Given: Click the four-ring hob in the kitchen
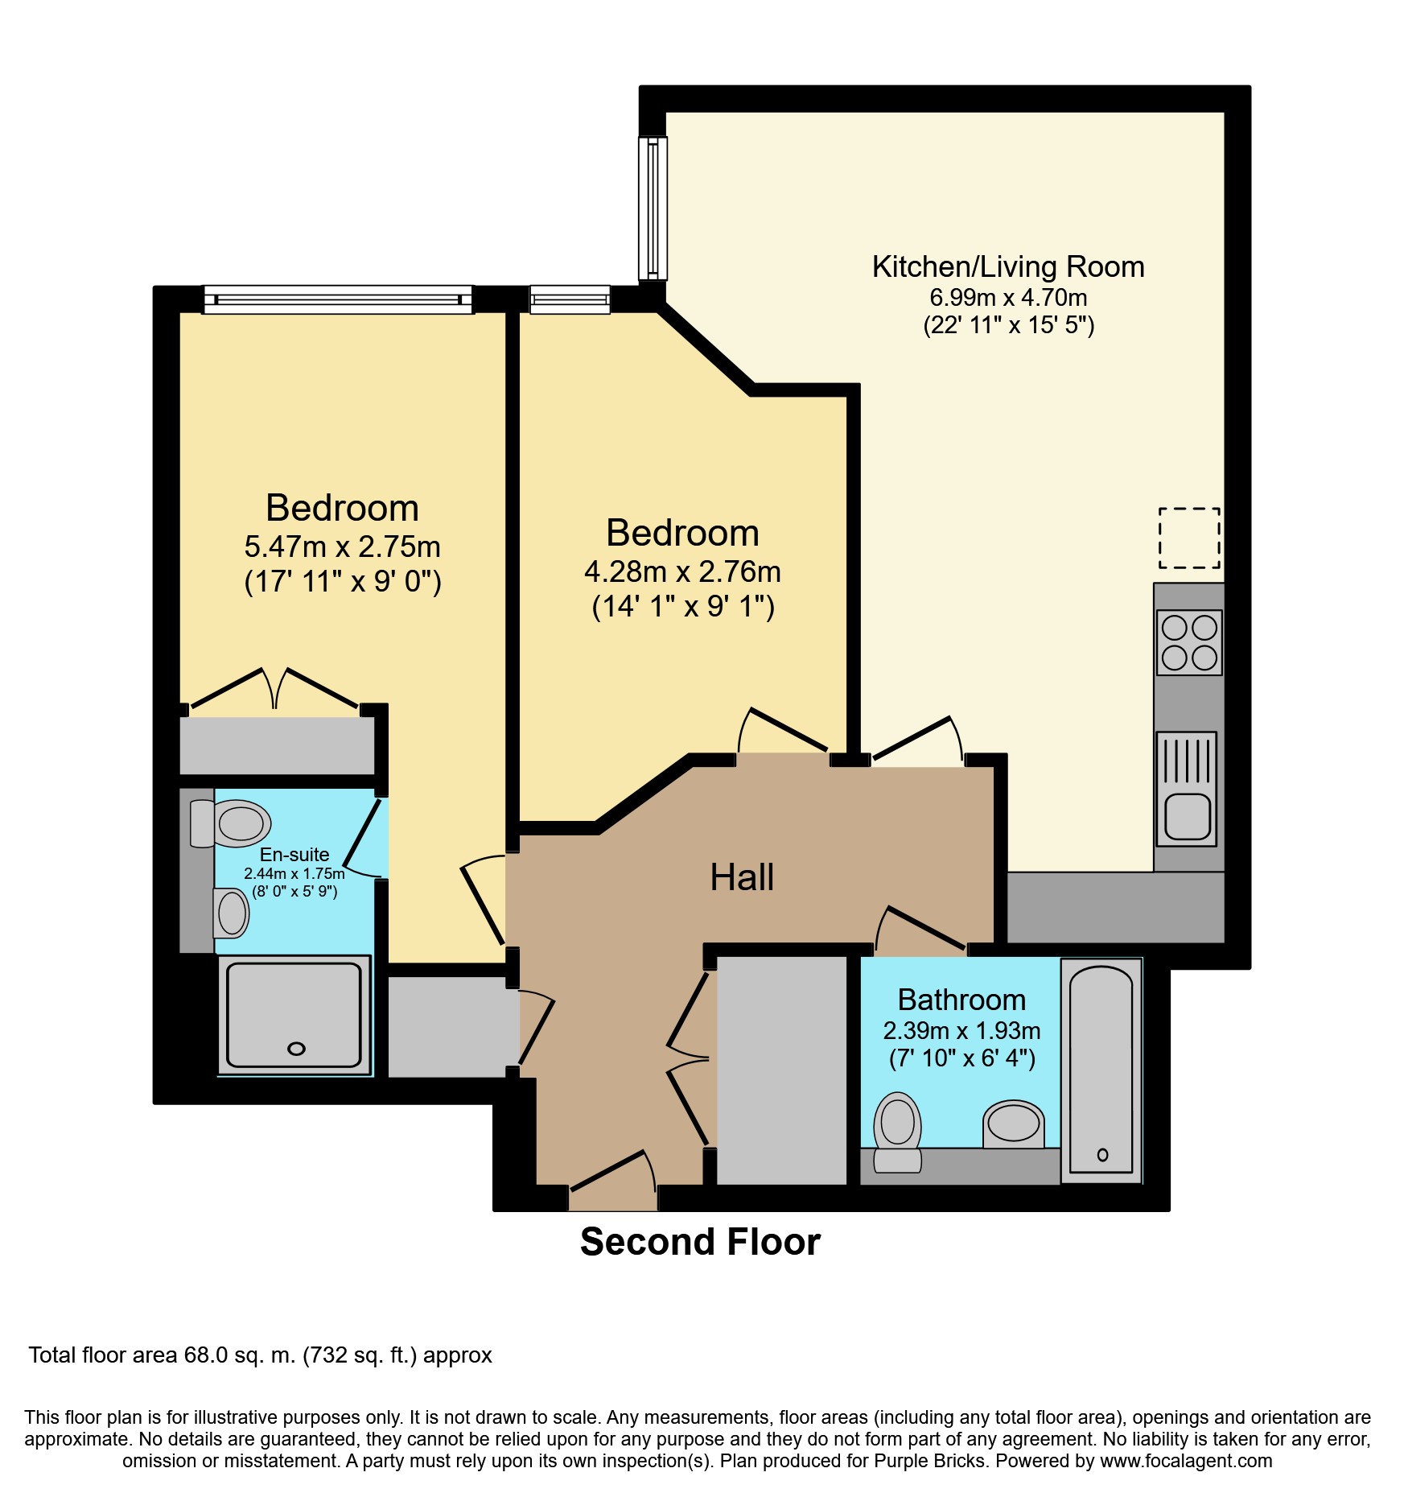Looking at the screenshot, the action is tap(1189, 642).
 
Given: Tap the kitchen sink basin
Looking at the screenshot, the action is tap(1188, 816).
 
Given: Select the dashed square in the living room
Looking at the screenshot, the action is tap(1189, 538).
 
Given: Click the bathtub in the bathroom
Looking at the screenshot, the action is tap(1101, 1070).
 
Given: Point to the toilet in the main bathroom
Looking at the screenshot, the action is tap(897, 1132).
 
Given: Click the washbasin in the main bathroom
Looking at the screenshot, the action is tap(1013, 1124).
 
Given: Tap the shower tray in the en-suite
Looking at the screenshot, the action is tap(294, 1015).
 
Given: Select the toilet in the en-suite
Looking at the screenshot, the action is tap(231, 823).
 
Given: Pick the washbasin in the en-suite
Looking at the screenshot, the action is tap(231, 913).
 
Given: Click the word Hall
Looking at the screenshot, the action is tap(742, 876).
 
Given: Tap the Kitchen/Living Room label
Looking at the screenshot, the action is tap(1008, 266).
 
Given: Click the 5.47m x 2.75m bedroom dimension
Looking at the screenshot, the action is tap(343, 546).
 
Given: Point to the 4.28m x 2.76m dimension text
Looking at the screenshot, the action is tap(682, 571).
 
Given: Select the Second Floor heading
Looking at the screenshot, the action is tap(700, 1242).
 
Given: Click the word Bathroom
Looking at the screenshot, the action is tap(961, 1000).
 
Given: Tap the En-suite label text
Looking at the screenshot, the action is tap(294, 854).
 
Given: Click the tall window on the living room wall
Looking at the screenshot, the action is tap(653, 208).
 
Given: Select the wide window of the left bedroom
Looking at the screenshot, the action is tap(338, 299).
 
